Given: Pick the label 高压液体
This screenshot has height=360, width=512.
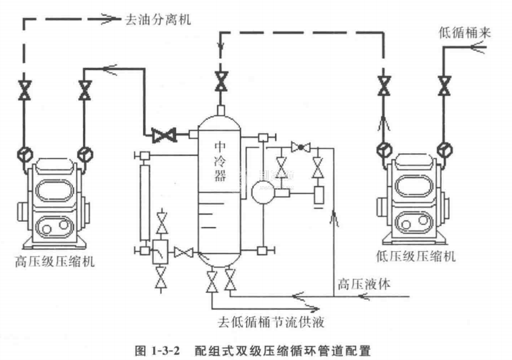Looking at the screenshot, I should point(364,283).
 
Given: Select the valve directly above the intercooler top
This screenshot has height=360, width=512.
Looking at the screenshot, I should point(221,81).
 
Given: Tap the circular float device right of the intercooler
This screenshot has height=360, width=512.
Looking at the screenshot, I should point(261,191).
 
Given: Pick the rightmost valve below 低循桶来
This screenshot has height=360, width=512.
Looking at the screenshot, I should point(445,87).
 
